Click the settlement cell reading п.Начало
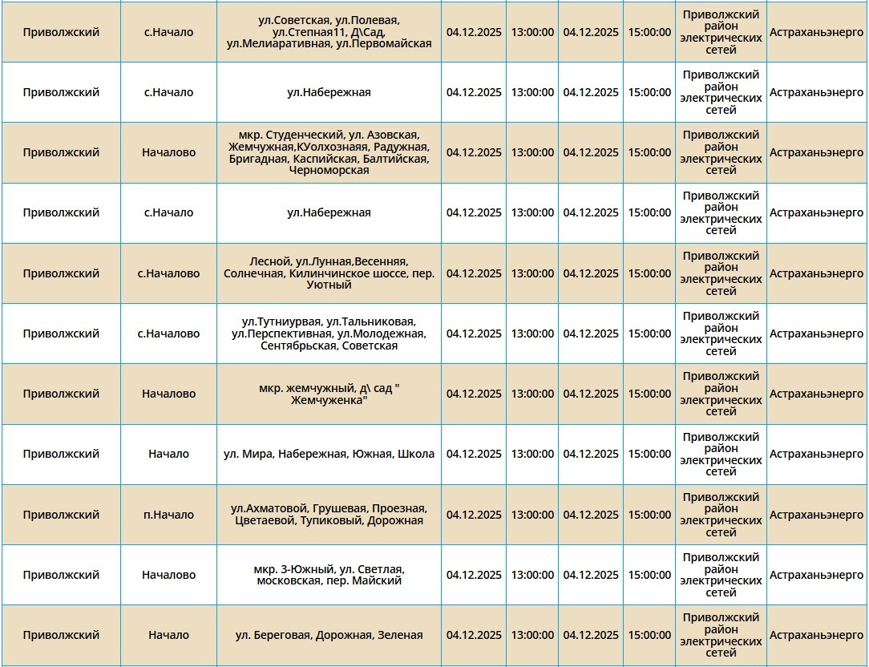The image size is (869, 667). [168, 515]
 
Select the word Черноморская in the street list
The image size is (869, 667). [329, 171]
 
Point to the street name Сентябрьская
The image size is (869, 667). [294, 346]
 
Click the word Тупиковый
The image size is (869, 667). [332, 521]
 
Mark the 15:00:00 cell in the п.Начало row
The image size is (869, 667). [649, 515]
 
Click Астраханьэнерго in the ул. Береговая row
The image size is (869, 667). [816, 635]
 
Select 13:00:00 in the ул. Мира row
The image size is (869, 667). [532, 454]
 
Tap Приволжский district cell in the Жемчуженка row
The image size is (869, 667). [61, 394]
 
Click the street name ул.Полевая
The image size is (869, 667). [369, 19]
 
